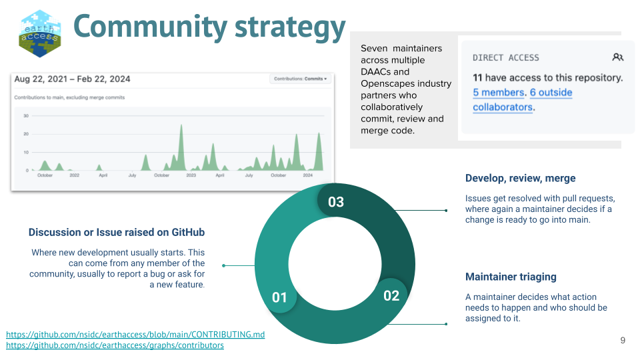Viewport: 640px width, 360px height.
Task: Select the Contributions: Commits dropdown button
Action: click(x=301, y=79)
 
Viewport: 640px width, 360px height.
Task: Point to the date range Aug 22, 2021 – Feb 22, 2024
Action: click(x=72, y=79)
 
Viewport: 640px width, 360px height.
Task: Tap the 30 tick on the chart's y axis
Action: click(x=26, y=116)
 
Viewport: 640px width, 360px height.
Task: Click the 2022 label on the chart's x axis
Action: click(x=74, y=175)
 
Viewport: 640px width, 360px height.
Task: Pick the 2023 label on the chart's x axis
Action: click(x=191, y=175)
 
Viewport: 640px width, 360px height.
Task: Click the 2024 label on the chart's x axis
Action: click(x=307, y=175)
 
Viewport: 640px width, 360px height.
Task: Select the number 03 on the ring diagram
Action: click(x=336, y=201)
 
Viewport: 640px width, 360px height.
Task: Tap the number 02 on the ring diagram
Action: click(x=391, y=295)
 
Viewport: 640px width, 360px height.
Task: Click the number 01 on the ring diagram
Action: click(x=279, y=297)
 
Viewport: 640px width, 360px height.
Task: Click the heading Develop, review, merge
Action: click(x=520, y=179)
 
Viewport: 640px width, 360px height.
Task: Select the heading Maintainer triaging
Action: click(x=511, y=277)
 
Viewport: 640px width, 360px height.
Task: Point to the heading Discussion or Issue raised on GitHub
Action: click(x=117, y=233)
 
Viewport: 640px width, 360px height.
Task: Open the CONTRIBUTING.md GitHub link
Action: click(x=135, y=334)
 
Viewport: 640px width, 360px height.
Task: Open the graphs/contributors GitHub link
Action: click(x=115, y=345)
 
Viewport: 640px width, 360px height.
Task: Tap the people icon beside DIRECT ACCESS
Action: click(x=617, y=58)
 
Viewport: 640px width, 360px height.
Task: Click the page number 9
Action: click(x=623, y=341)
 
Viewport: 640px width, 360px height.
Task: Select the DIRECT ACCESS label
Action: click(x=506, y=58)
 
